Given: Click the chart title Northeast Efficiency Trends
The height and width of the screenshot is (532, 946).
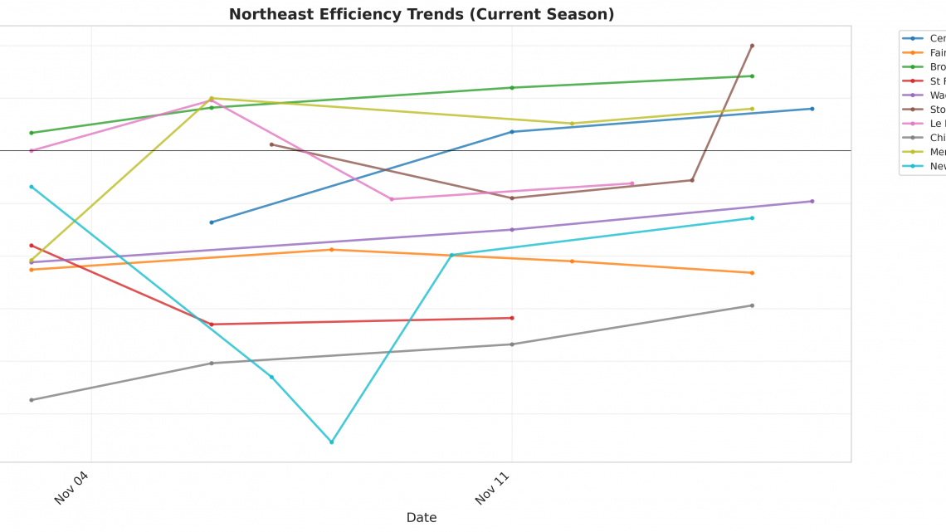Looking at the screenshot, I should click(x=422, y=14).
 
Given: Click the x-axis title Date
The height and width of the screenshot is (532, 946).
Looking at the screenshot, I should click(x=422, y=517).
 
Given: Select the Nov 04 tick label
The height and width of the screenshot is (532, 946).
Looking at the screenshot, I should click(x=71, y=487).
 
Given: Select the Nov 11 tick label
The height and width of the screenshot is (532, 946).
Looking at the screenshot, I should click(x=492, y=487).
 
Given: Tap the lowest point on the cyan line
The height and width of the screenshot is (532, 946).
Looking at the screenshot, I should click(x=331, y=442).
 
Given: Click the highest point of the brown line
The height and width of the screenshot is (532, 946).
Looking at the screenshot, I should click(x=752, y=46).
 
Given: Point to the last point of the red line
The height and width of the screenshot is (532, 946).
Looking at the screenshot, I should click(x=512, y=318).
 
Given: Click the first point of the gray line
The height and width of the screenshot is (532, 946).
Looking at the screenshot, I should click(x=32, y=400).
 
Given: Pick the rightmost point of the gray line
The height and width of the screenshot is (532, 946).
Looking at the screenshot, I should click(x=752, y=305).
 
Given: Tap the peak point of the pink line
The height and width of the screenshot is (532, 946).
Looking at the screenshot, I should click(x=212, y=100).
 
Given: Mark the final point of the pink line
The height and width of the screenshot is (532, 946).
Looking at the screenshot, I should click(x=632, y=183).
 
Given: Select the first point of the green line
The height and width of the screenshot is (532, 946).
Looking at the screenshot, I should click(x=32, y=133).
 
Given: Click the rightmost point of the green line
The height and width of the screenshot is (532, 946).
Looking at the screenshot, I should click(x=752, y=76).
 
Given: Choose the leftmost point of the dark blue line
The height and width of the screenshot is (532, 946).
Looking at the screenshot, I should click(x=212, y=222).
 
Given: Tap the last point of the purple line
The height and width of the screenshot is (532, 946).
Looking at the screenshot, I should click(x=812, y=201).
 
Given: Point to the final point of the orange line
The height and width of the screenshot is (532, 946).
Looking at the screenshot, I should click(x=752, y=273).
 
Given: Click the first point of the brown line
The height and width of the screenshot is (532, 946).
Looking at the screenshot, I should click(x=271, y=144).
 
